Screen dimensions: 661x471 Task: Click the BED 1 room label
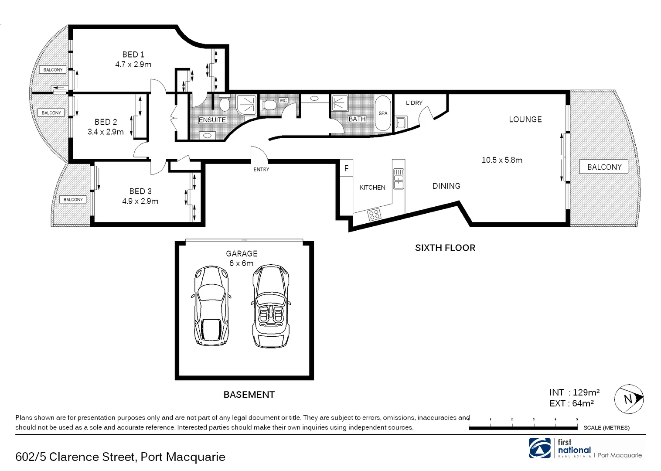[133, 55]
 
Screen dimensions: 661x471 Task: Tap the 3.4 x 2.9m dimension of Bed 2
[106, 132]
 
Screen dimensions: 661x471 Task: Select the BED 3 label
[140, 191]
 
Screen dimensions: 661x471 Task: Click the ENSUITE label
[212, 120]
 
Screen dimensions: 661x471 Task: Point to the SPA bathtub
[383, 113]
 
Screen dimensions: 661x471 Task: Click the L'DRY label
[414, 102]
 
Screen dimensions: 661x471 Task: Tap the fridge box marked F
[347, 168]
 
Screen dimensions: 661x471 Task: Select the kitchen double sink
[399, 178]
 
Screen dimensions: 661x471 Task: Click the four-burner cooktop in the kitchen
[374, 215]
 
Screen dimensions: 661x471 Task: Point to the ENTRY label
[262, 169]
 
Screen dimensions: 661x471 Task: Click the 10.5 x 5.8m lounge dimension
[502, 160]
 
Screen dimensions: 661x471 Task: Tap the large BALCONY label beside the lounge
[604, 167]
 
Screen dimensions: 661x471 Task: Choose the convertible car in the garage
[271, 306]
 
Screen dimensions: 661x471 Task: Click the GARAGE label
[242, 253]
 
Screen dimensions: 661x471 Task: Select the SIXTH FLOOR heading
[445, 248]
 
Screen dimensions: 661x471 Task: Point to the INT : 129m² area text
[574, 392]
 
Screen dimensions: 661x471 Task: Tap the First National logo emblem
[540, 448]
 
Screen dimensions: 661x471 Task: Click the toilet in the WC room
[268, 105]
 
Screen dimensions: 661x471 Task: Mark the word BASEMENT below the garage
[249, 395]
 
